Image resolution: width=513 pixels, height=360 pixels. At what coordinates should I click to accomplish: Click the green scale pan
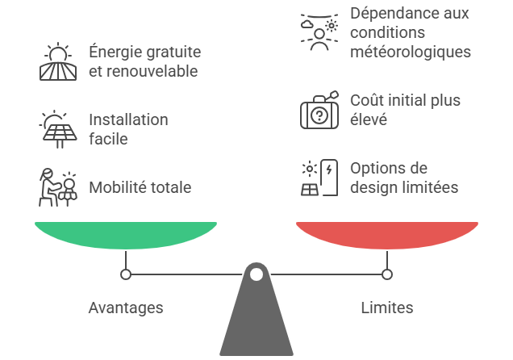(126, 235)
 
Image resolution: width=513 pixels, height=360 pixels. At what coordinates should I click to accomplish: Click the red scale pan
(387, 235)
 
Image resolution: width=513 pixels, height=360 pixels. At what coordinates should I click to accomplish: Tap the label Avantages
(126, 308)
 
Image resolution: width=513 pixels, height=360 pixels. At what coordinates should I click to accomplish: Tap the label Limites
(387, 308)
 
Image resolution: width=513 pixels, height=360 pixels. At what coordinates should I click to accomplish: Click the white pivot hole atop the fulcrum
(256, 274)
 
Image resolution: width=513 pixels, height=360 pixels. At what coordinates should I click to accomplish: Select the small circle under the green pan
(126, 274)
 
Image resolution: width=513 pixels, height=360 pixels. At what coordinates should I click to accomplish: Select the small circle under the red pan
(387, 274)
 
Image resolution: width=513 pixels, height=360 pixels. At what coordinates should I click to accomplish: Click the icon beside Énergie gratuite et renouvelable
(58, 61)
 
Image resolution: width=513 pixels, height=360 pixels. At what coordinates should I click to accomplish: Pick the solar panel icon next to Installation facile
(58, 129)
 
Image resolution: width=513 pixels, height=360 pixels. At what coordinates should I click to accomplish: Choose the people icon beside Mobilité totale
(58, 187)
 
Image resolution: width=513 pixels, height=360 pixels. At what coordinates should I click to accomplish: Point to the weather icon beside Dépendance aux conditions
(319, 32)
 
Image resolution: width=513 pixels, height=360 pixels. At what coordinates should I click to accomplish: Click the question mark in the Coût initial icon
(319, 115)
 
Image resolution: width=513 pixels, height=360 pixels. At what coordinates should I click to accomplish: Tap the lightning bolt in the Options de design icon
(329, 170)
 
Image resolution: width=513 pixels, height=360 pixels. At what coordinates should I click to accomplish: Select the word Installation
(128, 119)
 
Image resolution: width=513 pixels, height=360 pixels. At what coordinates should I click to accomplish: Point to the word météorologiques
(411, 52)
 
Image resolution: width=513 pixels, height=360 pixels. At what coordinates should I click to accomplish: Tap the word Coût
(366, 100)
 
